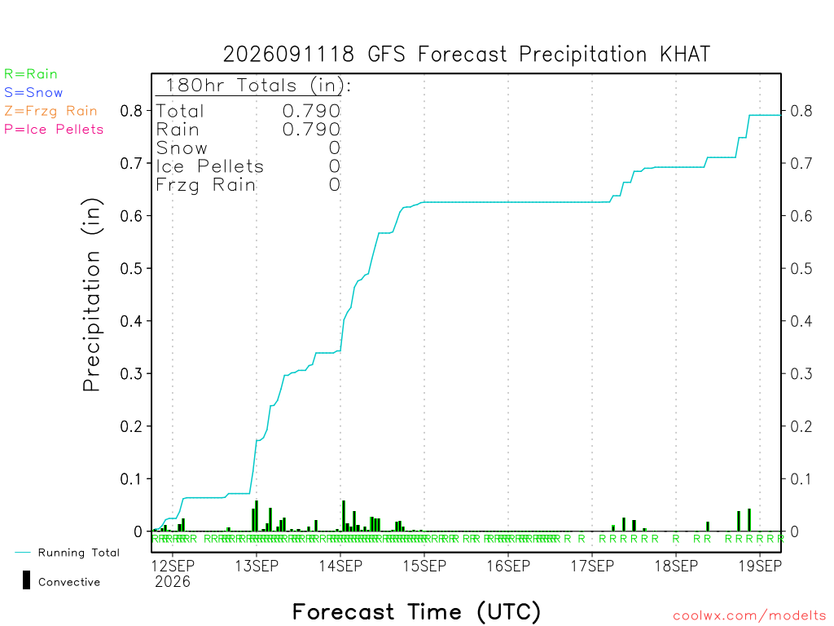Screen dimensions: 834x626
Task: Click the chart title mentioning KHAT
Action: click(x=467, y=55)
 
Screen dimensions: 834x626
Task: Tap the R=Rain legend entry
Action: click(x=31, y=74)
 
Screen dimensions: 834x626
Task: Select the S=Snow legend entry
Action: click(x=33, y=93)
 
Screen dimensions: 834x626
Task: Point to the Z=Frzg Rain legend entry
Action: click(x=51, y=111)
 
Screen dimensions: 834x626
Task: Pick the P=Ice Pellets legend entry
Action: click(x=54, y=130)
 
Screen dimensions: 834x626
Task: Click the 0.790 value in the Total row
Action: click(x=311, y=111)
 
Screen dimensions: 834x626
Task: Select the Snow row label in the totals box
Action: click(x=182, y=148)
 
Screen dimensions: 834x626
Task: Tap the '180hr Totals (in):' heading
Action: click(x=258, y=85)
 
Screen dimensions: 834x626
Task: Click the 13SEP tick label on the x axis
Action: click(x=257, y=566)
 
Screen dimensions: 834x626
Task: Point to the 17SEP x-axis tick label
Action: click(x=592, y=566)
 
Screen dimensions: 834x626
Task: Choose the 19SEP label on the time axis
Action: click(x=760, y=566)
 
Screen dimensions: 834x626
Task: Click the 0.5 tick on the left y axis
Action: click(x=131, y=269)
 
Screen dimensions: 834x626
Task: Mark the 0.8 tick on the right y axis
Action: click(x=801, y=111)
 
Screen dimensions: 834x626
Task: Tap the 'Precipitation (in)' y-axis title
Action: click(x=91, y=295)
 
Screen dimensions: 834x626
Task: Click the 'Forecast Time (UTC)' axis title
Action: click(x=416, y=611)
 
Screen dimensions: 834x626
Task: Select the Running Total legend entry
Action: click(x=68, y=553)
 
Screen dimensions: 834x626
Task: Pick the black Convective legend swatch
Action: click(x=26, y=580)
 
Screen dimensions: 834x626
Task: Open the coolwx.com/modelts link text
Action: click(x=749, y=616)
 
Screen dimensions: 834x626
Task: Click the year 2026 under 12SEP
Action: click(x=173, y=582)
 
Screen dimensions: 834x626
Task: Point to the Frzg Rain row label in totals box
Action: click(x=206, y=185)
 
